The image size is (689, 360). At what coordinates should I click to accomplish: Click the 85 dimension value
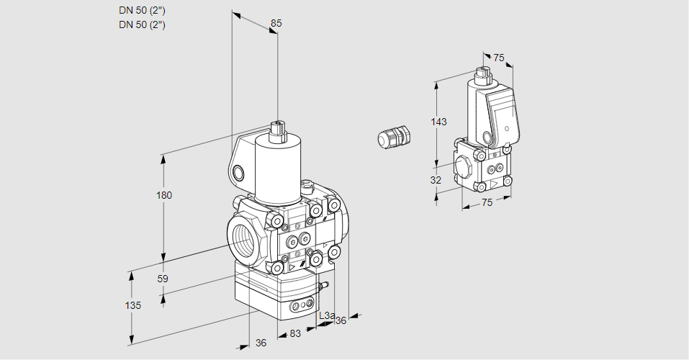276,23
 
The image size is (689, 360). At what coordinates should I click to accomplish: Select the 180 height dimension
164,196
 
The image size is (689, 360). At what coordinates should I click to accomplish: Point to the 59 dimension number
163,279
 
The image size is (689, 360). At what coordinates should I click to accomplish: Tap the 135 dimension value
132,305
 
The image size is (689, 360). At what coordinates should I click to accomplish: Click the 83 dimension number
295,333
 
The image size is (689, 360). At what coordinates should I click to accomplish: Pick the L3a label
326,315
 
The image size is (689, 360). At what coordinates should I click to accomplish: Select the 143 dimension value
438,122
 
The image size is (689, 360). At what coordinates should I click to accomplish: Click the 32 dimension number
436,180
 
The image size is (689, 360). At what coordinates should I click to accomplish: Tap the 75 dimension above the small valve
499,58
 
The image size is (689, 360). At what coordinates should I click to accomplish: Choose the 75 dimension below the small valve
487,202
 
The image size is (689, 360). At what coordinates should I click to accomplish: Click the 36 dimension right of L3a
341,320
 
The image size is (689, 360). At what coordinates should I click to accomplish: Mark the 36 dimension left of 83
261,343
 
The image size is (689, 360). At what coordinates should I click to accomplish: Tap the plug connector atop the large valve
278,131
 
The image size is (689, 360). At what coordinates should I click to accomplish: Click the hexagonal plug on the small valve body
462,166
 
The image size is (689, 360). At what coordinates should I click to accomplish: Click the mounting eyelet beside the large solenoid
238,172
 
